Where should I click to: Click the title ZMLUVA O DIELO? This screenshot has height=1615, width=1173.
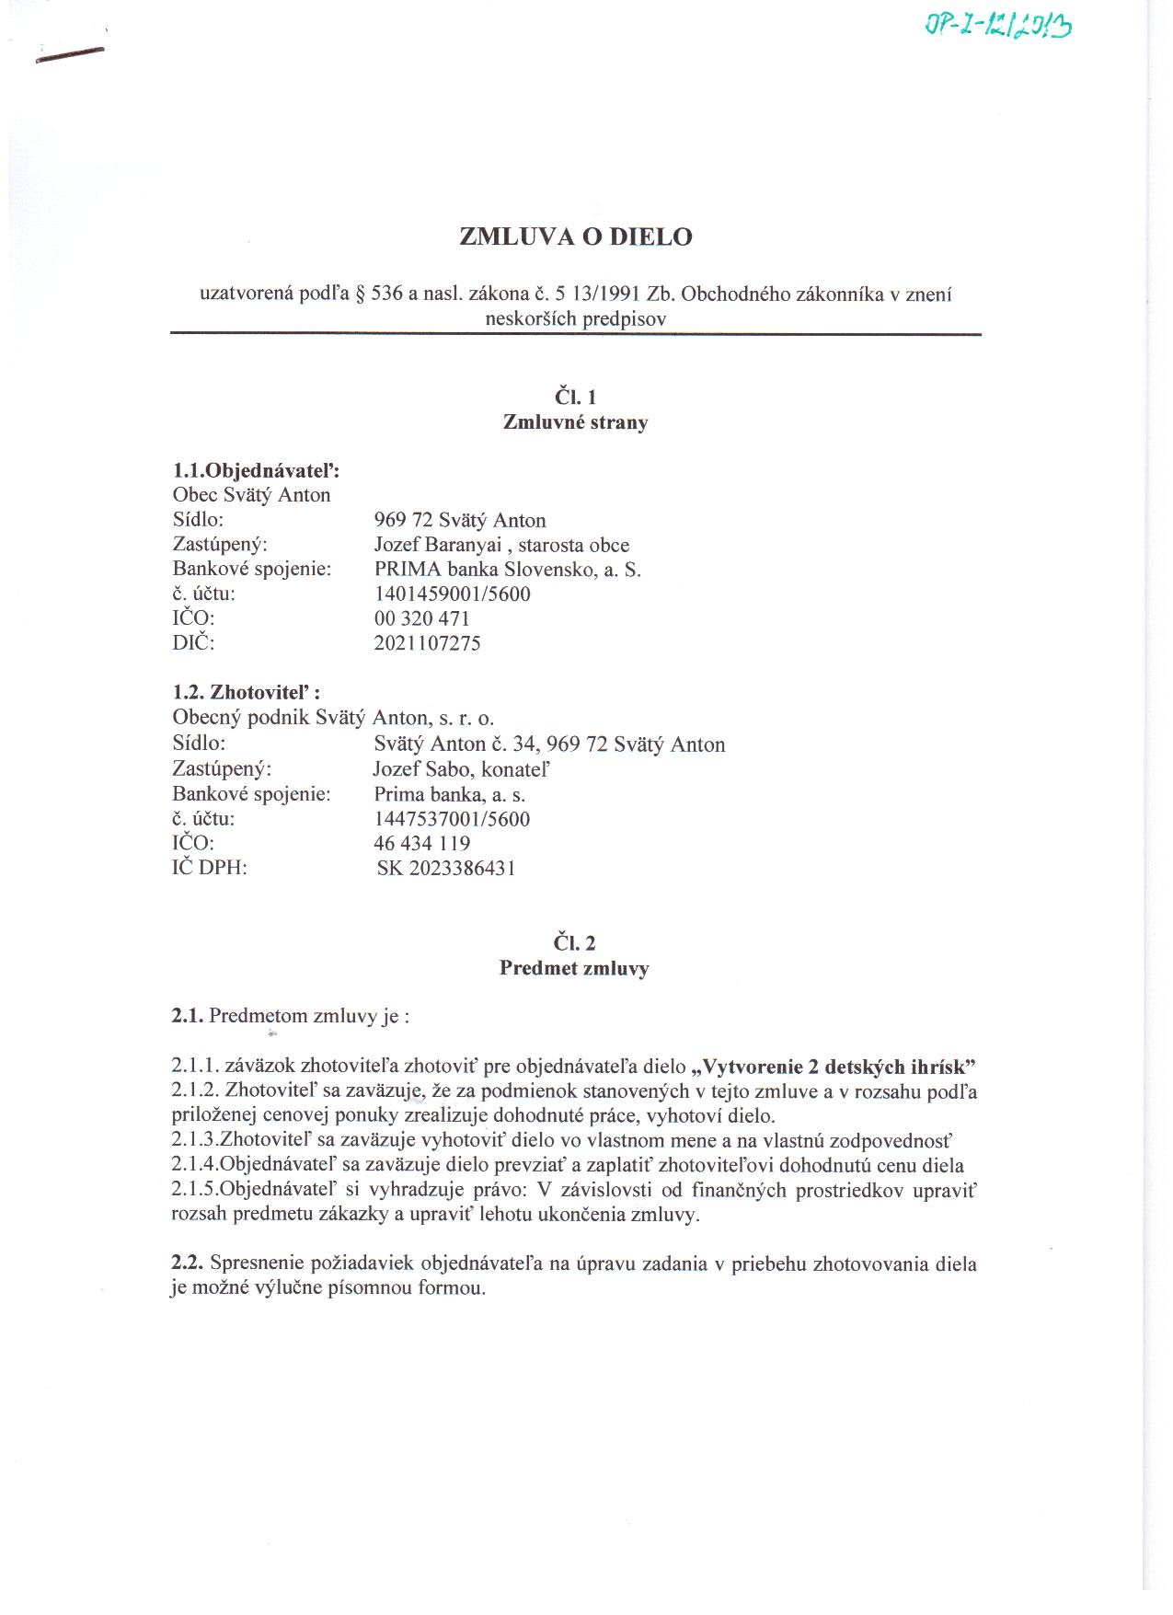click(x=575, y=237)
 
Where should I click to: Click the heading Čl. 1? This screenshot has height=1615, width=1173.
click(x=575, y=397)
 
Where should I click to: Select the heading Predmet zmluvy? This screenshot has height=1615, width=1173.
click(x=574, y=968)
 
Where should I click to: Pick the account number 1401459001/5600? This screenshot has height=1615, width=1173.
click(x=452, y=594)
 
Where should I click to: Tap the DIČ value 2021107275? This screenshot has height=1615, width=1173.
click(x=427, y=643)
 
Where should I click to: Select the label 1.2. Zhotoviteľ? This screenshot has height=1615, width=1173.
click(x=246, y=693)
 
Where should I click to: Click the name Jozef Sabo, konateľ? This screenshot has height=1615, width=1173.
click(x=462, y=768)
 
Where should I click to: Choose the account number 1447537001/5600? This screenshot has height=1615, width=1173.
click(x=452, y=819)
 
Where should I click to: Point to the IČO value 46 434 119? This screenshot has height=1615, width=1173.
click(x=422, y=844)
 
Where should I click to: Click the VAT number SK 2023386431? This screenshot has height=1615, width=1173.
click(x=446, y=868)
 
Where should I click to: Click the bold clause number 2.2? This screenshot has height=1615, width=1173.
click(x=187, y=1263)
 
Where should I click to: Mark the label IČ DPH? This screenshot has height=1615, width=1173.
click(x=210, y=868)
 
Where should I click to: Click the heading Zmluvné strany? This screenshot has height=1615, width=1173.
click(x=575, y=422)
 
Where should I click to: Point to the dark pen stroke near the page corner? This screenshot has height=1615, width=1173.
click(x=69, y=56)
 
